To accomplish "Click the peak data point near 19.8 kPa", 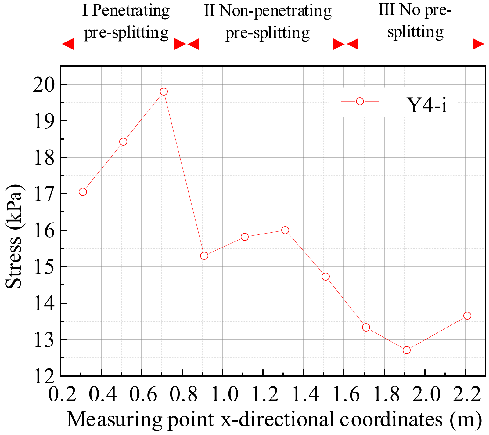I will click(164, 92).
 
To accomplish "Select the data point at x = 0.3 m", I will click(83, 192).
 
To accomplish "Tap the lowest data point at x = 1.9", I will click(406, 350).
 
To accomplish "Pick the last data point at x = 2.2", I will click(467, 316).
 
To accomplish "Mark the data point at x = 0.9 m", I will click(204, 256).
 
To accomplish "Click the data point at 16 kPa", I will click(285, 230).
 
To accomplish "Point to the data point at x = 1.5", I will click(325, 277).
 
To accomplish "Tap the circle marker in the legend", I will click(360, 101).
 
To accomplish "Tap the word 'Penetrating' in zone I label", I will click(131, 11).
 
